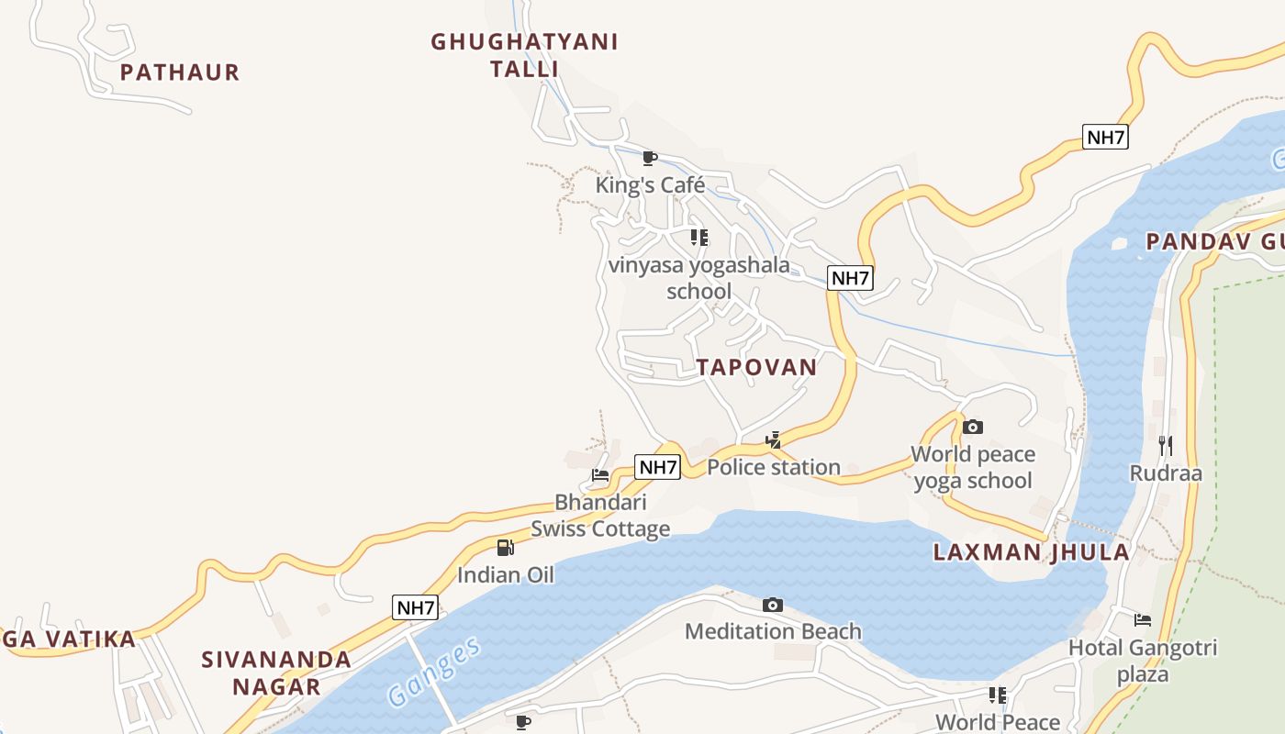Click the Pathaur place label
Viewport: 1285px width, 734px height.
180,72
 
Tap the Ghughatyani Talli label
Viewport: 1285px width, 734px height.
524,55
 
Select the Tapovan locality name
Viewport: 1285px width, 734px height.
756,368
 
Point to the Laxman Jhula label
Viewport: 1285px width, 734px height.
1031,552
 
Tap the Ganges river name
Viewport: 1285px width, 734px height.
434,672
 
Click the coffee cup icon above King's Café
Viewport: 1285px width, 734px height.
650,159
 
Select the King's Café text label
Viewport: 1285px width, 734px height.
650,185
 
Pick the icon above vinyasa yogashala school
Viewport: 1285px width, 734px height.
699,238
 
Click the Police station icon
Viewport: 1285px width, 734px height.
774,440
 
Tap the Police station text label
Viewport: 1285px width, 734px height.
774,468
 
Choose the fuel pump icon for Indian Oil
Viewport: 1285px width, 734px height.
505,548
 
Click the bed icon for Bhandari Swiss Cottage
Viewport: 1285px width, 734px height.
600,475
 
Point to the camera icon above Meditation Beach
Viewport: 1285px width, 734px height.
773,605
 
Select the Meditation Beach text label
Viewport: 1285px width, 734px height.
773,631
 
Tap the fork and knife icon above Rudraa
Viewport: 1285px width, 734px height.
1166,446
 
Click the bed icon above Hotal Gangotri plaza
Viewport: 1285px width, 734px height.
1143,620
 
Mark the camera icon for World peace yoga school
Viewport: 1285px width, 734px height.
973,427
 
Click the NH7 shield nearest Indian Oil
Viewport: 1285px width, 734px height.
415,607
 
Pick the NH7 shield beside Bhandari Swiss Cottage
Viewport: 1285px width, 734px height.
658,467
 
